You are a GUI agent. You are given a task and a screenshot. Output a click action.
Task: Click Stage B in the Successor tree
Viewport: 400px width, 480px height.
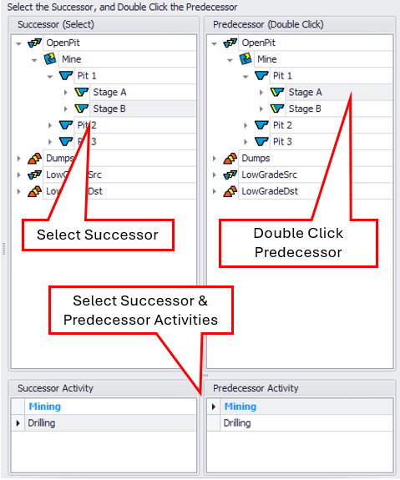pyautogui.click(x=109, y=109)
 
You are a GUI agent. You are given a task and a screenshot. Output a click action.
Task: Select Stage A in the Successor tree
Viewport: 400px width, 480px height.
pyautogui.click(x=109, y=92)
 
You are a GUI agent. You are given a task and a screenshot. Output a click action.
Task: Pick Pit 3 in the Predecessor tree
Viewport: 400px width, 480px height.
pyautogui.click(x=282, y=142)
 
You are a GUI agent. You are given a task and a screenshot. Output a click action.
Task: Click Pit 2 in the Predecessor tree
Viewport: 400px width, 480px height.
pyautogui.click(x=282, y=125)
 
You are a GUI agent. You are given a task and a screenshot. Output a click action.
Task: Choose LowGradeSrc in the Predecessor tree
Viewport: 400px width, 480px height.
pyautogui.click(x=269, y=174)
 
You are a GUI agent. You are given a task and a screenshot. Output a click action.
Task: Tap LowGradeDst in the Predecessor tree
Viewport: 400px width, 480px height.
pyautogui.click(x=270, y=191)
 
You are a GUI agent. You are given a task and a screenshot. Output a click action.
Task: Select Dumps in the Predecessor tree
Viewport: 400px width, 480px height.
pyautogui.click(x=256, y=159)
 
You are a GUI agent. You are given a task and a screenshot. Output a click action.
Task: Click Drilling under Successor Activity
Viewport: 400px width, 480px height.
pyautogui.click(x=42, y=423)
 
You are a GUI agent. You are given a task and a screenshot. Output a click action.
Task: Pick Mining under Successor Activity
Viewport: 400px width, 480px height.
pyautogui.click(x=45, y=407)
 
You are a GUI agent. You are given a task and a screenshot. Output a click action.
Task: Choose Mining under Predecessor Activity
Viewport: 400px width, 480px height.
pyautogui.click(x=241, y=407)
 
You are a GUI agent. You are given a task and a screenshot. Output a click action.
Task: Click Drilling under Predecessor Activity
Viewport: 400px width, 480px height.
pyautogui.click(x=237, y=423)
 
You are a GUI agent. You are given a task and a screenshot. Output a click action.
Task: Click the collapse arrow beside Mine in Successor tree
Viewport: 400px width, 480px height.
pyautogui.click(x=34, y=60)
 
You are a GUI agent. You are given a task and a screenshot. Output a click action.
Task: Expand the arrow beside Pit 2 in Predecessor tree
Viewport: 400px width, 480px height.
pyautogui.click(x=246, y=125)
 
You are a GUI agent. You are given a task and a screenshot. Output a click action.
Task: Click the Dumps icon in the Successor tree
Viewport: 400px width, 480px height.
pyautogui.click(x=34, y=159)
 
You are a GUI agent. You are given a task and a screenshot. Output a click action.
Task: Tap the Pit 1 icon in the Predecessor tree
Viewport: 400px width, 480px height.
pyautogui.click(x=261, y=75)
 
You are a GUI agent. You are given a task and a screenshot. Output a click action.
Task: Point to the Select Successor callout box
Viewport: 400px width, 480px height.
pyautogui.click(x=98, y=235)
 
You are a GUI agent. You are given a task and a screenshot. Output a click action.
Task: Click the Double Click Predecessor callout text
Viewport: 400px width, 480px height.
pyautogui.click(x=298, y=243)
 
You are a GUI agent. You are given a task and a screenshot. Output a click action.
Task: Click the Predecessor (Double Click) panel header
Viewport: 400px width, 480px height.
pyautogui.click(x=268, y=24)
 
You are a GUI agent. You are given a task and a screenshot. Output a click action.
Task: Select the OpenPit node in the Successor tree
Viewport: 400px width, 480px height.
pyautogui.click(x=63, y=43)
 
